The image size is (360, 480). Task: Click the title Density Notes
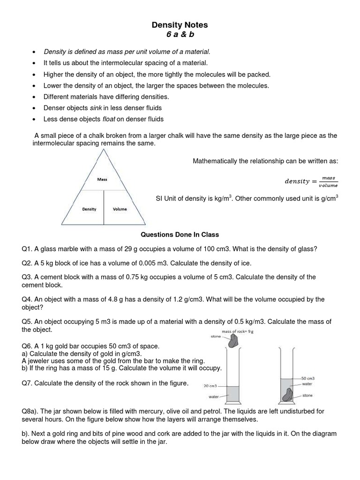pyautogui.click(x=180, y=24)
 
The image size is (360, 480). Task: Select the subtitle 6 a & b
pyautogui.click(x=180, y=35)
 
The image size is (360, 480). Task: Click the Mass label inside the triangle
pyautogui.click(x=102, y=179)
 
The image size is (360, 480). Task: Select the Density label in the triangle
pyautogui.click(x=89, y=209)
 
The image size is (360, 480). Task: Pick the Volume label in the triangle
pyautogui.click(x=120, y=209)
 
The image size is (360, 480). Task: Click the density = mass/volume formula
pyautogui.click(x=311, y=181)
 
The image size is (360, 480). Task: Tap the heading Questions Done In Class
pyautogui.click(x=180, y=234)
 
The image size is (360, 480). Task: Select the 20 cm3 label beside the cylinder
pyautogui.click(x=210, y=386)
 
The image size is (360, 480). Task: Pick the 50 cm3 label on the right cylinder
pyautogui.click(x=307, y=378)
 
